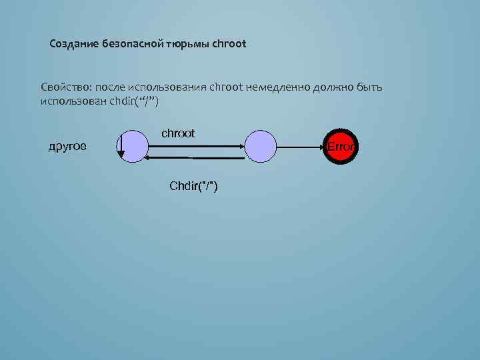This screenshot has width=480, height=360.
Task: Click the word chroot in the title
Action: (x=229, y=45)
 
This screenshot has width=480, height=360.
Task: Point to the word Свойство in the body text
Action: (x=65, y=87)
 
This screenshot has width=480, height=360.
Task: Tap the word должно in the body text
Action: (x=335, y=87)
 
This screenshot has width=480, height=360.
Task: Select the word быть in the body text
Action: (x=370, y=87)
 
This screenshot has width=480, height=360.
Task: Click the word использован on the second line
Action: (x=73, y=101)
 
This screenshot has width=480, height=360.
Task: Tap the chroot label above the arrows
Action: (x=178, y=133)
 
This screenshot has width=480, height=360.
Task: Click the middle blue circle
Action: (x=261, y=146)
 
